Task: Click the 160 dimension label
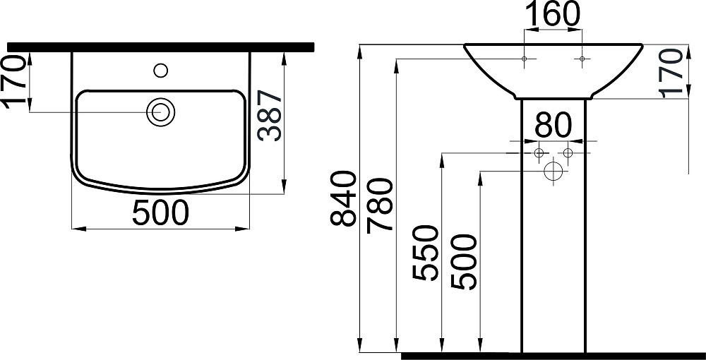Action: (x=552, y=14)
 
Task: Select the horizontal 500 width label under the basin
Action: (x=162, y=212)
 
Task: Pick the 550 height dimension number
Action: (x=426, y=252)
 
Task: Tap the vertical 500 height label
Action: (x=465, y=262)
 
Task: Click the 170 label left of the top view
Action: (x=16, y=82)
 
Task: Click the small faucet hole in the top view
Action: (x=161, y=70)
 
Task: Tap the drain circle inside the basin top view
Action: (x=161, y=112)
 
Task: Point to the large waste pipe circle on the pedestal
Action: (x=554, y=171)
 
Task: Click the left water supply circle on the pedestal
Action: (x=539, y=153)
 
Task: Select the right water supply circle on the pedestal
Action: (x=568, y=153)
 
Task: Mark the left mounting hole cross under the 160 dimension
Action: (x=524, y=59)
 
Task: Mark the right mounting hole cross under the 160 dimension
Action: (x=582, y=59)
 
